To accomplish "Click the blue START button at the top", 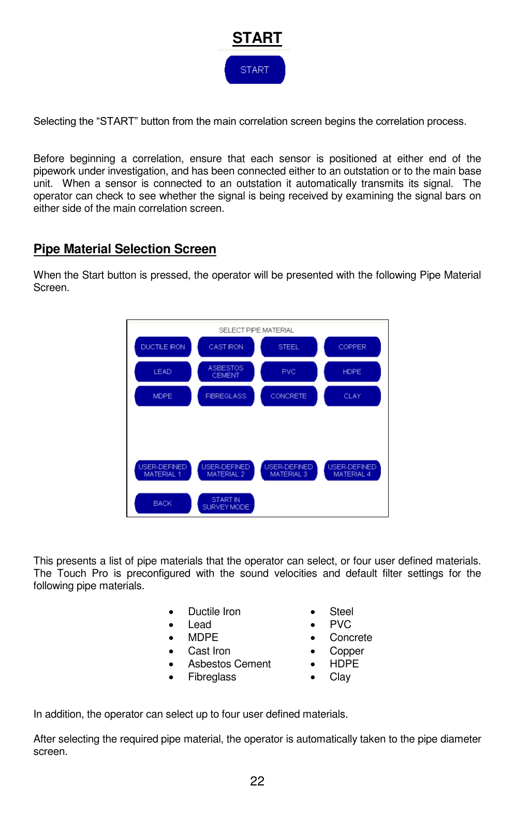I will [x=255, y=70].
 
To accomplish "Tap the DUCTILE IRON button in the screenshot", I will [x=163, y=347].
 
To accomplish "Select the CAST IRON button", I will [x=226, y=347].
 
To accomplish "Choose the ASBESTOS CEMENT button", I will [x=226, y=372].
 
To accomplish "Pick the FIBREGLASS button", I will [x=226, y=396].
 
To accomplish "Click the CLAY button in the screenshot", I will [x=352, y=396].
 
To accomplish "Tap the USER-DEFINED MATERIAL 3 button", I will [x=289, y=470].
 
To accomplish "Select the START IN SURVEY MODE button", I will [x=226, y=503].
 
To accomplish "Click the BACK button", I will [x=163, y=503].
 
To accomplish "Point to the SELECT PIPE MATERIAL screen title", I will [x=256, y=330].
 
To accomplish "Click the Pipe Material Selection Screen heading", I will [x=125, y=249].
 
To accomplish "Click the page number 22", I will [x=257, y=781].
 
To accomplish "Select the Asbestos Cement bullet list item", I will [x=229, y=664].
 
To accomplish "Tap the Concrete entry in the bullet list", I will [x=350, y=637].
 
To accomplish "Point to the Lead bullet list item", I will [x=200, y=624].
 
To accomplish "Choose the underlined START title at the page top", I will [x=257, y=38].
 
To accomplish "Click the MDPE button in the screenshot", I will [x=163, y=396].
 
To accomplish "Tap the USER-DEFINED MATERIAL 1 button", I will [x=163, y=470].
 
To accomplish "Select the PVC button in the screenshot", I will [x=289, y=372].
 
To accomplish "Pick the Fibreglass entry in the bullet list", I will [x=212, y=677].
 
